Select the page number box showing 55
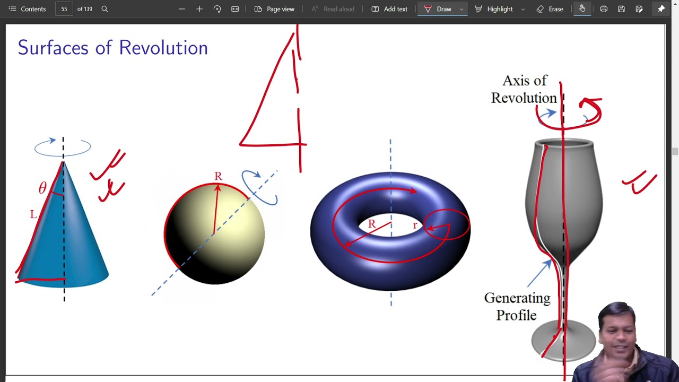(64, 9)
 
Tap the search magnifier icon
(105, 9)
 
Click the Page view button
(274, 9)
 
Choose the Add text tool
(389, 9)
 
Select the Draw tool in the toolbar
(438, 9)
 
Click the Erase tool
(550, 9)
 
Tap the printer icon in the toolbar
(604, 9)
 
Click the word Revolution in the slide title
(163, 48)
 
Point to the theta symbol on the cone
(42, 188)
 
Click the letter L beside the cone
(33, 214)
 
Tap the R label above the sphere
(218, 176)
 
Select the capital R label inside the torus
(372, 224)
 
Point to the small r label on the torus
(415, 225)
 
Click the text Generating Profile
(517, 307)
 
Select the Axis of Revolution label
(524, 89)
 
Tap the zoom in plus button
(199, 9)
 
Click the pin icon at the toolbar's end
(661, 9)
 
